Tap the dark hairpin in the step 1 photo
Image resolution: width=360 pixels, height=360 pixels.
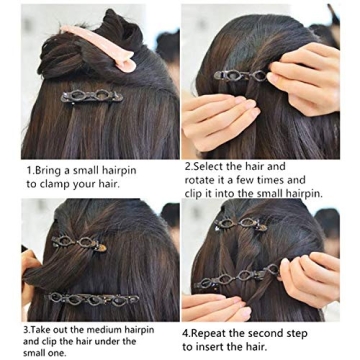(x=92, y=97)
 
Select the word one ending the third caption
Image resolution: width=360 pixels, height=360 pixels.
(x=64, y=353)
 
